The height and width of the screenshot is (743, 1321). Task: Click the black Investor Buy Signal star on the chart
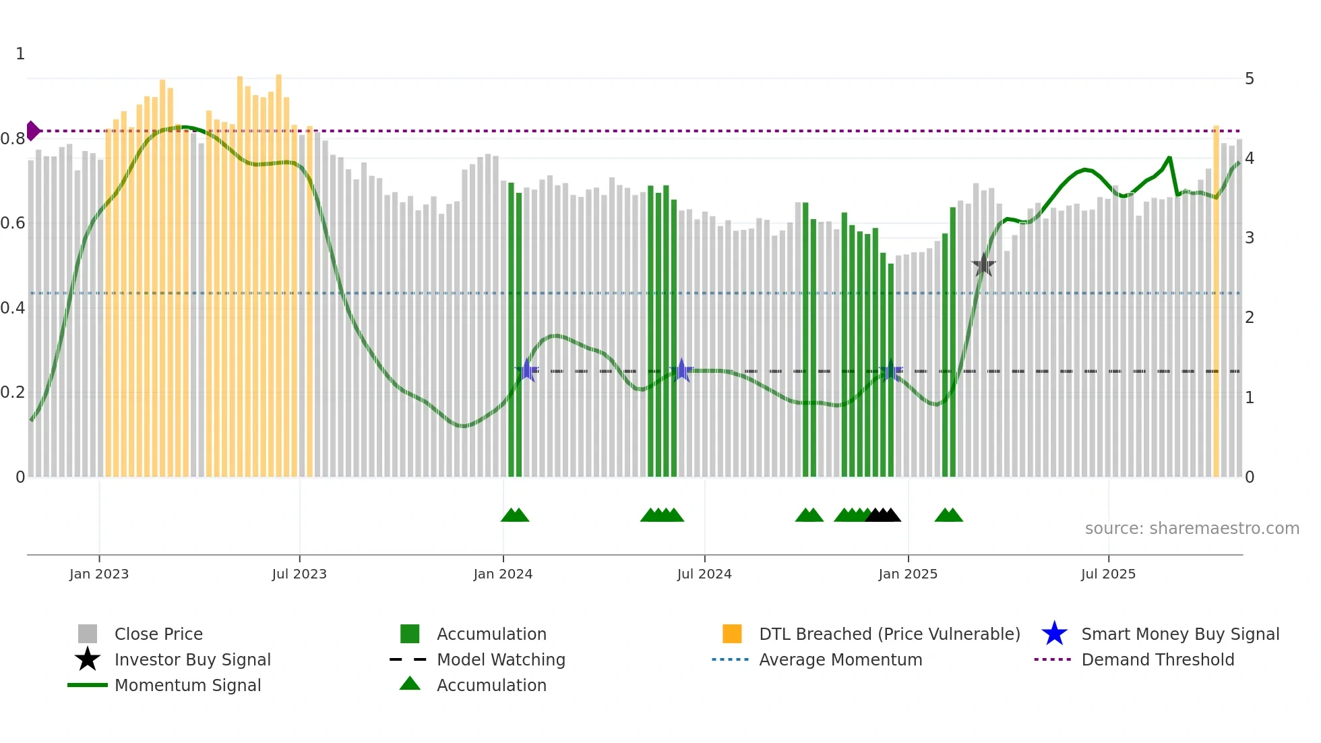tap(983, 265)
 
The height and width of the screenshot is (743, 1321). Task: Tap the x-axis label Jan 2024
tap(503, 574)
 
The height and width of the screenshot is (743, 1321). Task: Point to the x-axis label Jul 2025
tap(1108, 574)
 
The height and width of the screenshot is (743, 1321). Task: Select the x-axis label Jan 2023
tap(99, 574)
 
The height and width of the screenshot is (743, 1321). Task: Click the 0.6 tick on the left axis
tap(13, 223)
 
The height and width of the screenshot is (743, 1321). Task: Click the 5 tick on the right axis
tap(1249, 79)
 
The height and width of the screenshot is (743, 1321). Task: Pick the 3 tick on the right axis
tap(1249, 238)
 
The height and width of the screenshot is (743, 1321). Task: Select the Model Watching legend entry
tap(500, 659)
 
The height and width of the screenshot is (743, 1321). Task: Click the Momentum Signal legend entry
tap(187, 685)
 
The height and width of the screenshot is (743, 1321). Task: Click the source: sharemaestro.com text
tap(1192, 528)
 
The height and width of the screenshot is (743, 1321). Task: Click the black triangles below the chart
tap(883, 515)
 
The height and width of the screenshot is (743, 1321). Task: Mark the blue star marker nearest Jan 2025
tap(890, 370)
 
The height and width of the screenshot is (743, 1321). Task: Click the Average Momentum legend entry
tap(840, 659)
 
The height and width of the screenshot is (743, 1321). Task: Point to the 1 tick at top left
tap(20, 54)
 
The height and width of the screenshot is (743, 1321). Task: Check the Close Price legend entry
tap(158, 634)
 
